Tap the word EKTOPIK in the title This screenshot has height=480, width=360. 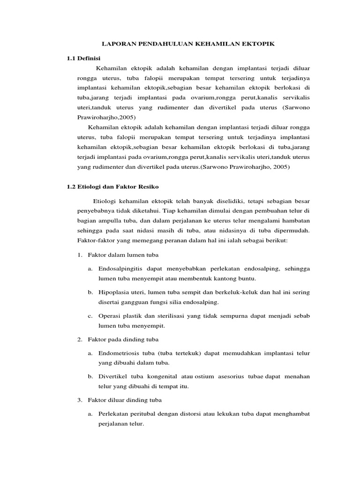(x=257, y=44)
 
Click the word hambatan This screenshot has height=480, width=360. (x=295, y=220)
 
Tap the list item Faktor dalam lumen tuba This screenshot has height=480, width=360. (x=123, y=255)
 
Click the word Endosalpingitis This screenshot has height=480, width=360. (x=121, y=269)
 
